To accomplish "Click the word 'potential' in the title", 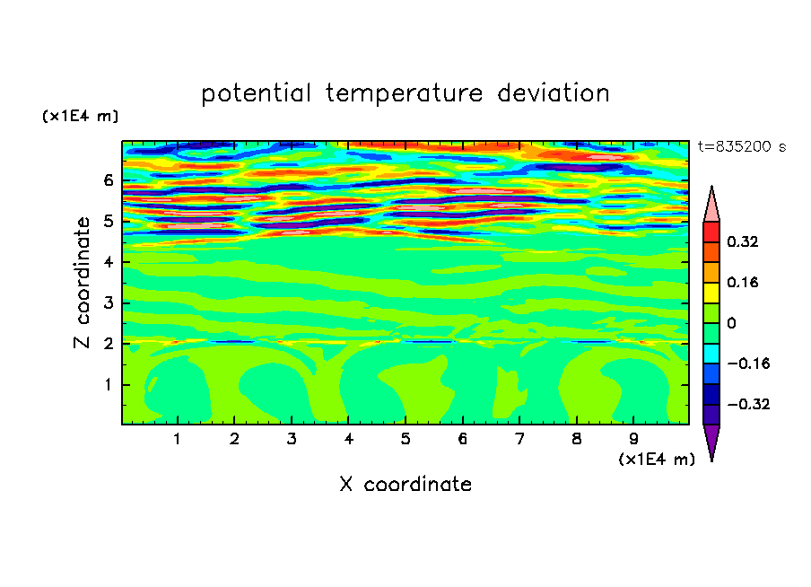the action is coord(257,93).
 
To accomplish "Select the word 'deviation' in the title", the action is coord(554,92).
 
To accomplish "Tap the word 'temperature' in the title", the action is coord(404,93).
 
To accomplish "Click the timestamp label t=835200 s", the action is coord(742,146).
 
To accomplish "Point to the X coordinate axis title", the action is coord(405,484).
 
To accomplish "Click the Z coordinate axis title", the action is coord(83,283).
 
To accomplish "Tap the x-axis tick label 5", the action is coord(405,439).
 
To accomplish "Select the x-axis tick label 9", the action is coord(633,439).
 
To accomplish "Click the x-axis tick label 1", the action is coord(178,439).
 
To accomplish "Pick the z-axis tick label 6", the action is coord(108,180).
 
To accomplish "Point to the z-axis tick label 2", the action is coord(108,343).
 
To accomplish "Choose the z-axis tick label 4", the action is coord(108,262).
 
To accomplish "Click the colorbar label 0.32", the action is coord(742,241).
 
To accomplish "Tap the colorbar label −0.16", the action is coord(748,364).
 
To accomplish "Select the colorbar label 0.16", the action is coord(742,282).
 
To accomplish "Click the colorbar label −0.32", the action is coord(748,404).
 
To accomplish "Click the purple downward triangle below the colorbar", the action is coord(711,439).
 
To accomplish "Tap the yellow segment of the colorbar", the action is coord(711,293).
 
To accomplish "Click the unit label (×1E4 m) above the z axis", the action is coord(80,116).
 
